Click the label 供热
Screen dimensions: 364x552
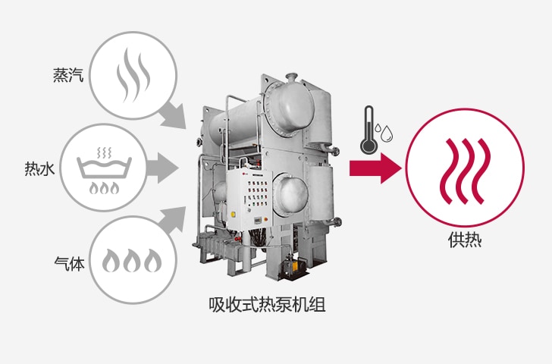(465, 241)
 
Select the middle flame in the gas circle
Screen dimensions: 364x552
(133, 262)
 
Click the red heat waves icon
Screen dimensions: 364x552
(465, 171)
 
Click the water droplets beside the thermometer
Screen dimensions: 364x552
(387, 131)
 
